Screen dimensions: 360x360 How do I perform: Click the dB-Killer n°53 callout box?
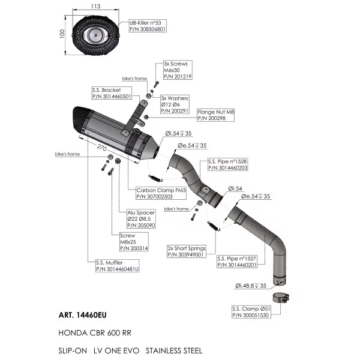tap(148, 26)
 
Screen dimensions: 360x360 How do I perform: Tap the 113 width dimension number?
tap(95, 6)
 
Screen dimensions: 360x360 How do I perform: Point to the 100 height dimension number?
tap(62, 34)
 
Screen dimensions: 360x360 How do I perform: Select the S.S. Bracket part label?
tap(112, 93)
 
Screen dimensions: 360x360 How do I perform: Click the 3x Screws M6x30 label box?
tap(178, 70)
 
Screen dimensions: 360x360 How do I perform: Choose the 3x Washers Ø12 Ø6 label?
tap(175, 104)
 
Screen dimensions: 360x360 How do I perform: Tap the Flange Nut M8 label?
tap(216, 115)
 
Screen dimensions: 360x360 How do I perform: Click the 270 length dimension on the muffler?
tap(102, 148)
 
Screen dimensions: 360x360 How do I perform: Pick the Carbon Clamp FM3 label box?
tap(161, 193)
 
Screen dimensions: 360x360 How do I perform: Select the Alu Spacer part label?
tap(141, 219)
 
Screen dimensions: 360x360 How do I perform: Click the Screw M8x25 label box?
tap(134, 242)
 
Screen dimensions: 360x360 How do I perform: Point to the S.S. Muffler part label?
tap(118, 266)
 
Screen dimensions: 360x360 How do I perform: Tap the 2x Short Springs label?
tap(187, 251)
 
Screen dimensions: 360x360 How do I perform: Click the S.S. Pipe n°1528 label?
tap(228, 164)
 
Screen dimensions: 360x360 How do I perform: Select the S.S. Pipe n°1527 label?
tap(237, 262)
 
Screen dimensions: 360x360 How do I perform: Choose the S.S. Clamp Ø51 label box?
tap(251, 312)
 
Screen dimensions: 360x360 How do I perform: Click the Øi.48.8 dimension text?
tap(250, 286)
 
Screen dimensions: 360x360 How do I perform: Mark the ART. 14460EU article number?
tap(83, 315)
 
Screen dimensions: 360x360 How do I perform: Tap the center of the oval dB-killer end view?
tap(95, 35)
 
